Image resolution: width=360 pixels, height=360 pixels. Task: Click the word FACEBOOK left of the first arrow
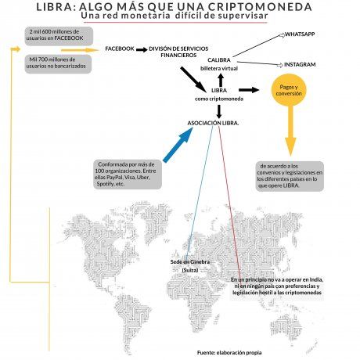pyautogui.click(x=119, y=49)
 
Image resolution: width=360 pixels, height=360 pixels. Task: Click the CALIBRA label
pyautogui.click(x=219, y=60)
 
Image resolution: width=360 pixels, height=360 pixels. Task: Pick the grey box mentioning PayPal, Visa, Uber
pyautogui.click(x=126, y=174)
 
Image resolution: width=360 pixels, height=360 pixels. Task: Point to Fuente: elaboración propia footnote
pyautogui.click(x=229, y=353)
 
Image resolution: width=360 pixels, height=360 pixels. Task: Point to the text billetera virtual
pyautogui.click(x=219, y=69)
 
